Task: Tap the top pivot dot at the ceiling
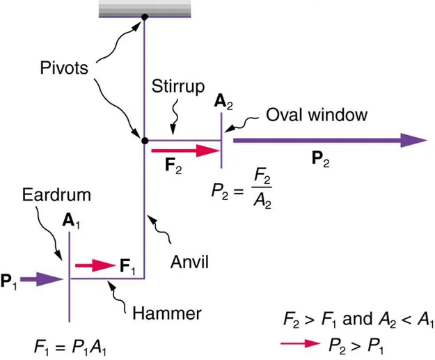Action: pyautogui.click(x=144, y=17)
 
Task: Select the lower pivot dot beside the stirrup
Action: pyautogui.click(x=145, y=140)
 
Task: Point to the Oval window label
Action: pyautogui.click(x=317, y=115)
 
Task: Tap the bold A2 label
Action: pyautogui.click(x=223, y=102)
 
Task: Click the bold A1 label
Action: pyautogui.click(x=70, y=221)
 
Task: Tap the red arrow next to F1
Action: pyautogui.click(x=94, y=265)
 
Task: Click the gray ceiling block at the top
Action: pyautogui.click(x=144, y=8)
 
